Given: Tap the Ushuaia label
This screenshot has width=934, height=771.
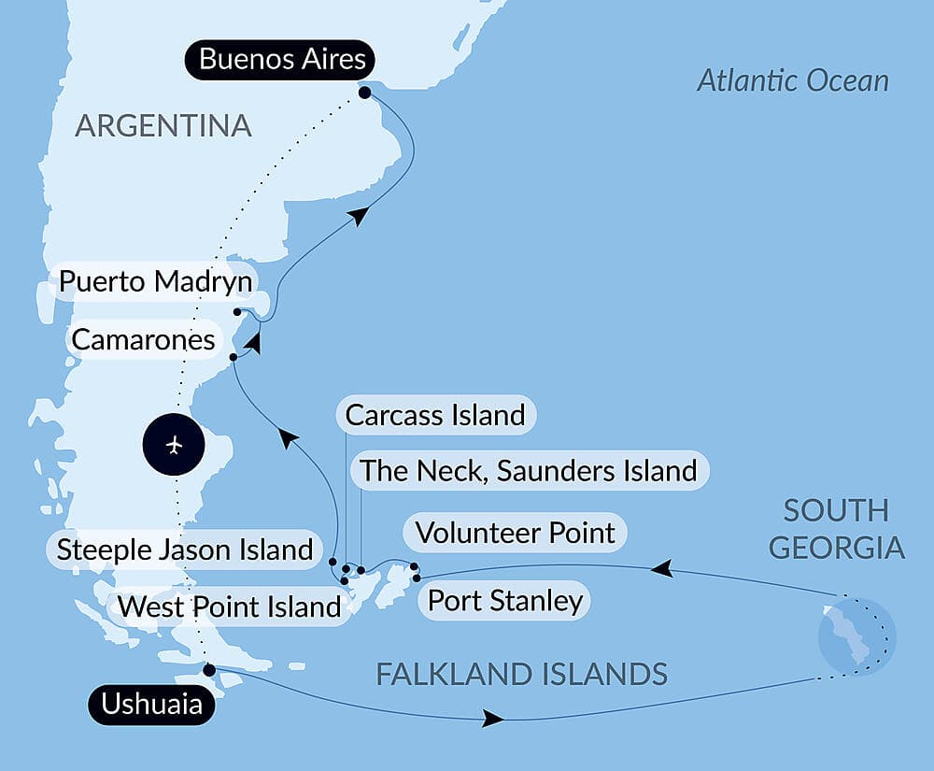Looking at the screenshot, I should click(151, 704).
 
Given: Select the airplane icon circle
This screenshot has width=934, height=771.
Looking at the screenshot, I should click(175, 445).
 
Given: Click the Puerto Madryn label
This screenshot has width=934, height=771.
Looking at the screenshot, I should click(154, 281).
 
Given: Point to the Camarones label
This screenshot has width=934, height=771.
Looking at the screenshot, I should click(143, 339).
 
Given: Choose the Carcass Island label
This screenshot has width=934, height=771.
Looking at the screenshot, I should click(435, 414).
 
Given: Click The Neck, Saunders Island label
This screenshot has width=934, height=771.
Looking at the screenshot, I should click(529, 470).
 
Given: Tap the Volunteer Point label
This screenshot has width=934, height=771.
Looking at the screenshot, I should click(515, 533).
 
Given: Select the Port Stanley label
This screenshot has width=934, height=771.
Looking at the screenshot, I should click(504, 600).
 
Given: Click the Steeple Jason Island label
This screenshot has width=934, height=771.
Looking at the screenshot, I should click(184, 549).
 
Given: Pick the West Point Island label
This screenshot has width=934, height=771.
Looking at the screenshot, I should click(230, 607).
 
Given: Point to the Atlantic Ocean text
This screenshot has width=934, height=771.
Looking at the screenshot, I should click(793, 80).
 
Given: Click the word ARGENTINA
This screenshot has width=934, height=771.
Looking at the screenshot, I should click(163, 125).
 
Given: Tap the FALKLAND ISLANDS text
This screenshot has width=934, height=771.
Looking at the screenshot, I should click(521, 673).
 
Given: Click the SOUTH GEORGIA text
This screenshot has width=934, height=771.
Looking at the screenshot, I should click(836, 528).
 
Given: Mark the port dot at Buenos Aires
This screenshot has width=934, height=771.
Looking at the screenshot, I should click(363, 93).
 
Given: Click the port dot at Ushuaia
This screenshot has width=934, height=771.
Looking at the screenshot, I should click(209, 669).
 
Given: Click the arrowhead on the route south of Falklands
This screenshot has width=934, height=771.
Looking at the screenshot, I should click(493, 720).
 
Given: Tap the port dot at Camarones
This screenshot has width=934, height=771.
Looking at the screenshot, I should click(233, 356).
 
